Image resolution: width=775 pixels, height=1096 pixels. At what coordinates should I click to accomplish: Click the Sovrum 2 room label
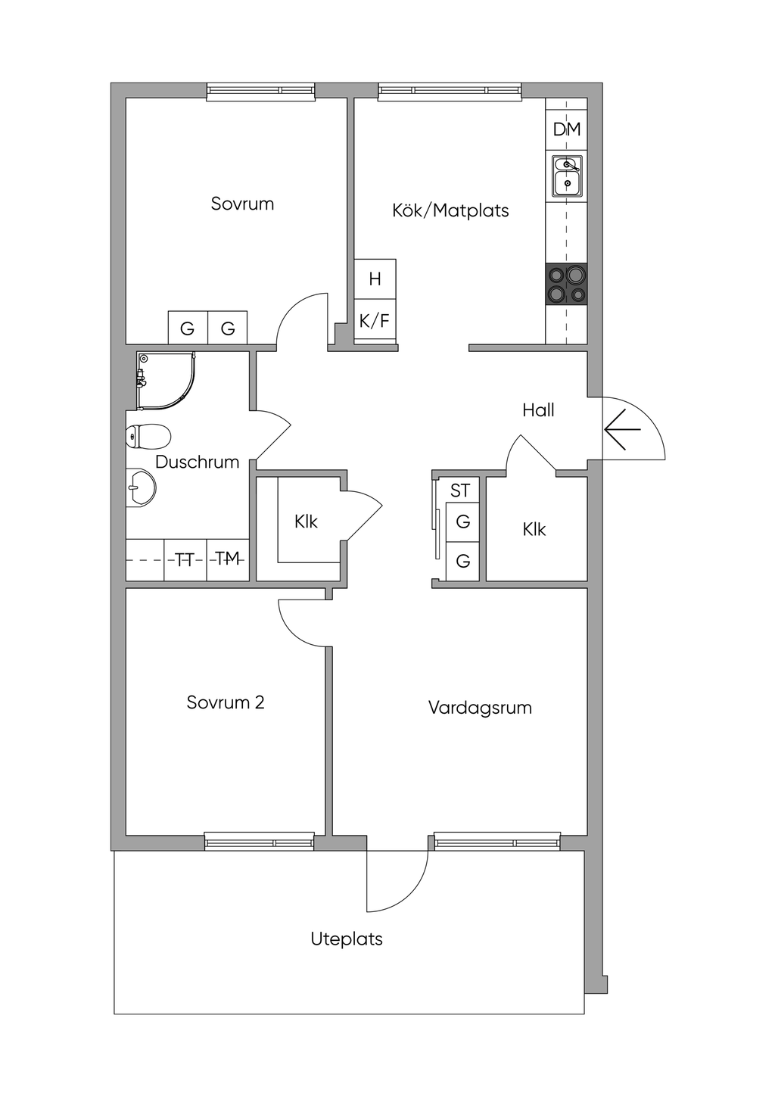226,702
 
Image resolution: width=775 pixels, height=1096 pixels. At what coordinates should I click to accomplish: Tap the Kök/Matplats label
450,210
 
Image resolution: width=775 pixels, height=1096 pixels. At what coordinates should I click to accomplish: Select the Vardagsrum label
480,708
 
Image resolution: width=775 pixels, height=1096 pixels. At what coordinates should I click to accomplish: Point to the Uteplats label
347,939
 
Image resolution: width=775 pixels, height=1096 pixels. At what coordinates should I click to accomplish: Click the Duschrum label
198,462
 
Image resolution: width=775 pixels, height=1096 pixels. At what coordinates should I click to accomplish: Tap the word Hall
538,410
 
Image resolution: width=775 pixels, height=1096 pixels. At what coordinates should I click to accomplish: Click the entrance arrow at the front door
622,430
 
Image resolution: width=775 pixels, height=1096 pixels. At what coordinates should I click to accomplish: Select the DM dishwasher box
567,129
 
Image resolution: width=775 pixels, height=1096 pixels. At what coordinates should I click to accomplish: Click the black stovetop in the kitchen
567,284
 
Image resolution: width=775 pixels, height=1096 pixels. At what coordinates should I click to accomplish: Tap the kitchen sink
567,176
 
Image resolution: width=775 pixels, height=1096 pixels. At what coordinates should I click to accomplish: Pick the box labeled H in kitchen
375,279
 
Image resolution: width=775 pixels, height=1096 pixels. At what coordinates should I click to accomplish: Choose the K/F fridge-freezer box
375,321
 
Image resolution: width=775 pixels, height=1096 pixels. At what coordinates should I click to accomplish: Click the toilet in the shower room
148,436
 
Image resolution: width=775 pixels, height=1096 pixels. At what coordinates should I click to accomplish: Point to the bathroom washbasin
141,487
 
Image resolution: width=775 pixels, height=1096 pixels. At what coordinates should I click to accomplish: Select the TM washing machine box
228,560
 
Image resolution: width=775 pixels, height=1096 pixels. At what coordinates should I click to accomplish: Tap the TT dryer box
185,560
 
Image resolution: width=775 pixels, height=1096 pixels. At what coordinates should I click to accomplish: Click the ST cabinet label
460,490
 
